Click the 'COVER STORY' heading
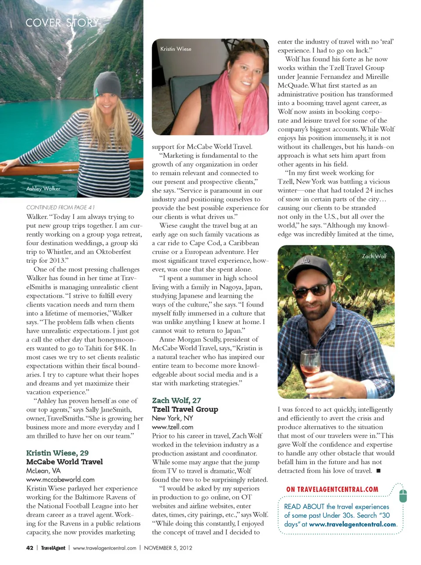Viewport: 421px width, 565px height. coord(62,22)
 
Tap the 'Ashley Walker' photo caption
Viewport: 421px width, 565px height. coord(43,189)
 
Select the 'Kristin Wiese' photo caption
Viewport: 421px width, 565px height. coord(175,49)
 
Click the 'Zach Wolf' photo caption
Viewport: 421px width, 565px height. coord(374,256)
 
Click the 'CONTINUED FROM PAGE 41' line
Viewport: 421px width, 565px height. coord(60,208)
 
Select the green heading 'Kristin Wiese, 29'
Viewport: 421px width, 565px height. coord(57,453)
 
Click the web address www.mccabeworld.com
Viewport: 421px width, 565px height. coord(60,480)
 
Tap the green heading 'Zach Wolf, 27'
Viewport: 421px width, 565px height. coord(176,400)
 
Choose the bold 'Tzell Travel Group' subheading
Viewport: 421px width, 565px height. coord(185,409)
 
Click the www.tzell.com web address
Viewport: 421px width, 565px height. coord(172,427)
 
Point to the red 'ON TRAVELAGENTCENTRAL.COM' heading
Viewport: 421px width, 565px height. coord(332,489)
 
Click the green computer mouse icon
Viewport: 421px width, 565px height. coord(403,495)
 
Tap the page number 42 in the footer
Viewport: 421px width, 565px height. coord(30,548)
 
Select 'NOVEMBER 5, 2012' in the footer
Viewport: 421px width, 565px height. coord(168,548)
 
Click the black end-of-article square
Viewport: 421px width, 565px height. coord(378,471)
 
